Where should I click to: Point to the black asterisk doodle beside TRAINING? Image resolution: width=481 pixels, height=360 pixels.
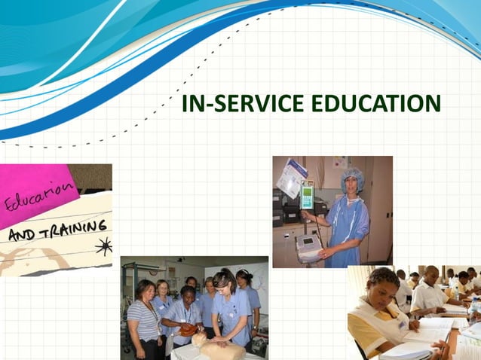click(103, 246)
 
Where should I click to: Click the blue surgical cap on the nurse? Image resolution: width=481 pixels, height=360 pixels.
click(351, 178)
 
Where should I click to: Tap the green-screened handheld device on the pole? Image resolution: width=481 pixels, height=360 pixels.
click(308, 196)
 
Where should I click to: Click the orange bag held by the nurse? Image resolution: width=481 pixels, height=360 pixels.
click(187, 329)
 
